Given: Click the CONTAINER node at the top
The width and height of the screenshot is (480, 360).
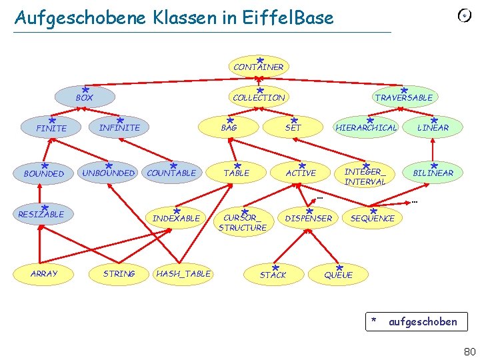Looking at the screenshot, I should coord(258,67).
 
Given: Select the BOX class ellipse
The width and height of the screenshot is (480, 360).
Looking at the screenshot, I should coord(84,97).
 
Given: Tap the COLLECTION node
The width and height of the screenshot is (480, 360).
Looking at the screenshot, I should coord(259,97).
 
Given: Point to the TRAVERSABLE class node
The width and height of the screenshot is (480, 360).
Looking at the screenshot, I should coord(403,97).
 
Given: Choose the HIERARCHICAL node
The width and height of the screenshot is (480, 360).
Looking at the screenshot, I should coord(366,127).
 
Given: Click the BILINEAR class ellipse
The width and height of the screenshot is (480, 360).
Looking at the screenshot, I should coord(433,173).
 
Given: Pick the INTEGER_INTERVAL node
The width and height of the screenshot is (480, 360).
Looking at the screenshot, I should coord(365,177).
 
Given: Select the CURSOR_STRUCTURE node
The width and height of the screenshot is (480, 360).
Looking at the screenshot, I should coord(242,223).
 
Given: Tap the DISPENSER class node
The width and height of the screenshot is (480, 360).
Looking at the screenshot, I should coord(308,218).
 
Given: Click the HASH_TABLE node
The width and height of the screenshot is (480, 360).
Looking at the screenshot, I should coord(183,273).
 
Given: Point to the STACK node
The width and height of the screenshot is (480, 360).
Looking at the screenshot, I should coord(273,275).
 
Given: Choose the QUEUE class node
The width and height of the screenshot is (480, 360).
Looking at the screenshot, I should coord(338,275).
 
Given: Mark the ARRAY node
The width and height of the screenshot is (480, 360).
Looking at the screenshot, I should coord(44,273).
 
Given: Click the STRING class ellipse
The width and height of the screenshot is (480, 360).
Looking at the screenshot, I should coord(119,273).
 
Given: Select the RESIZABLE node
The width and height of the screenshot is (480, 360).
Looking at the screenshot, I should coord(41,214).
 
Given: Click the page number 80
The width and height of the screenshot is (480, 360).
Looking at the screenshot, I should coord(469,351).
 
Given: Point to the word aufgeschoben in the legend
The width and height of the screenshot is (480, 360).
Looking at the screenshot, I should coord(422,322).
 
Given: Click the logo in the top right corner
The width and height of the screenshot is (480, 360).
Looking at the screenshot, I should coord(465,15).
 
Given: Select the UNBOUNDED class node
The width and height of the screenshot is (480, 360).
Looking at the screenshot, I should coord(108,173).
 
